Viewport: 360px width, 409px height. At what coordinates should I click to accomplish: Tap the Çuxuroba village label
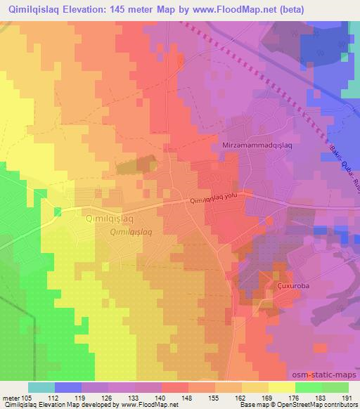tap(275, 287)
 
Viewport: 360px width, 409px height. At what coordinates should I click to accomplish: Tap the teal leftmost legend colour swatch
tap(41, 387)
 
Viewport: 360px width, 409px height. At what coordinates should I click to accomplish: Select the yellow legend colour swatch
tap(281, 387)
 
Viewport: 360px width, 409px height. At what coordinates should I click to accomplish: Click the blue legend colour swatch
tap(68, 387)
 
